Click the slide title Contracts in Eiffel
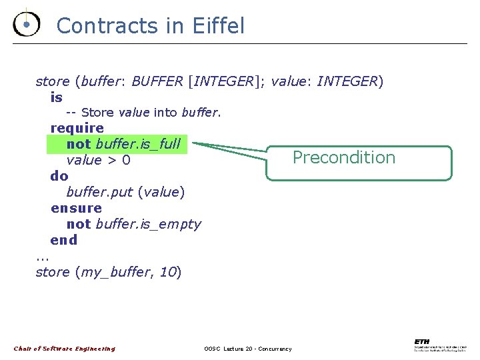(x=151, y=26)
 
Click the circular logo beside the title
(x=26, y=24)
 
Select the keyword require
(x=77, y=127)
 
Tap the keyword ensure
(x=76, y=208)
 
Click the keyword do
(x=59, y=176)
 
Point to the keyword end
(x=64, y=240)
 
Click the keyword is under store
(x=57, y=97)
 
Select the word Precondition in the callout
(x=344, y=157)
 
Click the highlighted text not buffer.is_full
(x=123, y=144)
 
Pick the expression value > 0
(x=98, y=160)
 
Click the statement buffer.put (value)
(x=125, y=192)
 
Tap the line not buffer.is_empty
(x=133, y=224)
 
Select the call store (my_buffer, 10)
(x=109, y=272)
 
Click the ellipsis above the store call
(x=43, y=257)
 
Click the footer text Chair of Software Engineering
(x=65, y=349)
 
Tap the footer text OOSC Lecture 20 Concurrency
(x=247, y=349)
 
